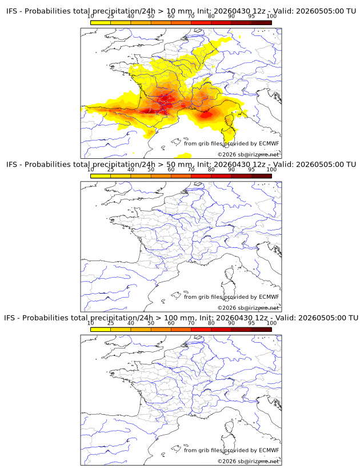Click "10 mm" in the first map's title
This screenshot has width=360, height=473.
(179, 11)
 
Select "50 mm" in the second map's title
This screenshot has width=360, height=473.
(179, 165)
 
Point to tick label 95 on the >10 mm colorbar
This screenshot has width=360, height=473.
(251, 17)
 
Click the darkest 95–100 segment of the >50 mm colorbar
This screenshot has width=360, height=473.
(262, 176)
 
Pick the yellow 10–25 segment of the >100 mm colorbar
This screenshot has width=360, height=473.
(101, 330)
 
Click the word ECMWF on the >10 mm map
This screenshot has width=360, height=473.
(269, 143)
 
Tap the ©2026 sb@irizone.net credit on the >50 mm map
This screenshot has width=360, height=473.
(248, 308)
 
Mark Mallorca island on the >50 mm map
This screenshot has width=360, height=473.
(176, 295)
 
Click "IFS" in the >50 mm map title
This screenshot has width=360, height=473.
(11, 165)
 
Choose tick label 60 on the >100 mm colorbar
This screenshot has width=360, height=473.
(171, 323)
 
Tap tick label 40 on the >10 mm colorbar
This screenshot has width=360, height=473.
(131, 17)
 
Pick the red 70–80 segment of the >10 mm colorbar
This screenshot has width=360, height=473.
(201, 22)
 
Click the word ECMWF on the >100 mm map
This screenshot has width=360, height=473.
(269, 450)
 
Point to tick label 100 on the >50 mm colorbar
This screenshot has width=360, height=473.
(271, 170)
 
